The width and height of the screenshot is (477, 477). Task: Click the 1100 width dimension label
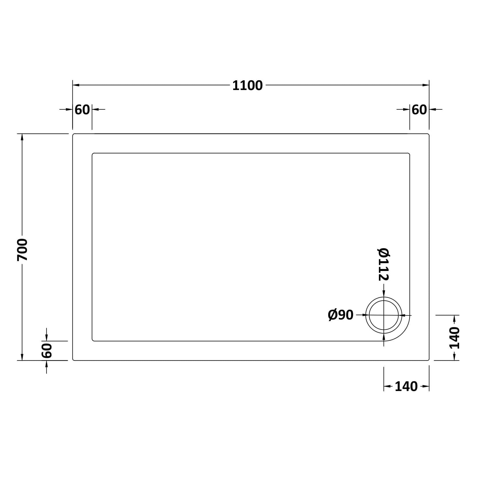click(247, 86)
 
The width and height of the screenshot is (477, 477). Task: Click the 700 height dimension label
click(22, 250)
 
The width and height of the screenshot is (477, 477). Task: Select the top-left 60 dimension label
click(82, 110)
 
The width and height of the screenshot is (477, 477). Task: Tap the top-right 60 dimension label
click(419, 110)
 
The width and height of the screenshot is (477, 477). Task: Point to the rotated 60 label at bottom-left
click(47, 350)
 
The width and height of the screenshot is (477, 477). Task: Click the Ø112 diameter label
click(384, 264)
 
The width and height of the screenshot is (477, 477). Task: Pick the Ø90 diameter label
click(341, 315)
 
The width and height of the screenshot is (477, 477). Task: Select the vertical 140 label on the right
click(454, 338)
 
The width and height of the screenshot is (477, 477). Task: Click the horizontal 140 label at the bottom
click(406, 386)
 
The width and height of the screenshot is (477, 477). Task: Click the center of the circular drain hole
click(384, 315)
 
